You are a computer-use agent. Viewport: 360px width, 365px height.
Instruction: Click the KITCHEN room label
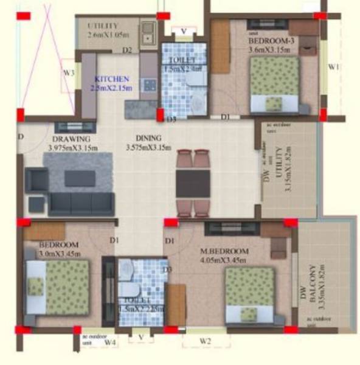112,79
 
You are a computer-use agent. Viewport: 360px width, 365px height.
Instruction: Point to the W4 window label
109,342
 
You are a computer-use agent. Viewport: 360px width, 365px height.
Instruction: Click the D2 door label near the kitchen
126,50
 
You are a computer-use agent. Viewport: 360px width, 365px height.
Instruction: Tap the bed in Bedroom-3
275,85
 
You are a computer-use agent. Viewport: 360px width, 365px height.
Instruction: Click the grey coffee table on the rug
80,178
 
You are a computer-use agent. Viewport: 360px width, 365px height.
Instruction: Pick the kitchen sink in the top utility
148,33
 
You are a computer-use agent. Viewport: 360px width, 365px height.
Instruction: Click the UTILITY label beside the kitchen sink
102,26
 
